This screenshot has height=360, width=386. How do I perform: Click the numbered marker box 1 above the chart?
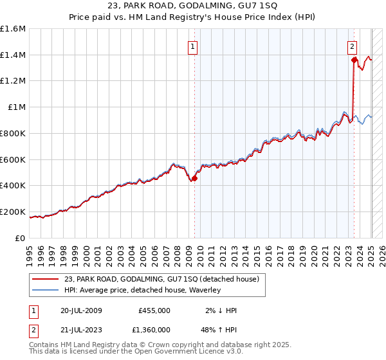194,46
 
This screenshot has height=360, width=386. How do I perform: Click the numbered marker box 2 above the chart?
353,46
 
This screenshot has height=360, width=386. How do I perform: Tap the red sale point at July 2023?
354,60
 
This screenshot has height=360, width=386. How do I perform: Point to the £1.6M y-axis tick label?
13,29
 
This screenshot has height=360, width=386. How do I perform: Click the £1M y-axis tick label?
16,107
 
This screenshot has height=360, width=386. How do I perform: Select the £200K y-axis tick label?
13,212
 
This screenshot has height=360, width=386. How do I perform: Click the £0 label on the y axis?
21,238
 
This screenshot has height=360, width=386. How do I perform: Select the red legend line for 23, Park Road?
46,279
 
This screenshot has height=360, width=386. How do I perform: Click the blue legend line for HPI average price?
46,290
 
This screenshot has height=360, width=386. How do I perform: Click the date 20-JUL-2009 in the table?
82,310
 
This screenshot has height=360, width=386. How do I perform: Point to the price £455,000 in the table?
154,310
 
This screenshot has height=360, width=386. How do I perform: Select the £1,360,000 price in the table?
150,332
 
